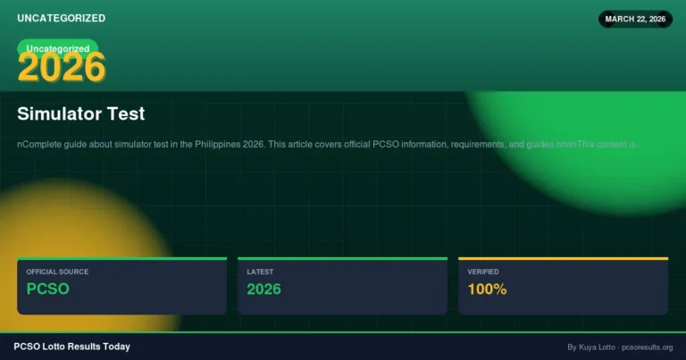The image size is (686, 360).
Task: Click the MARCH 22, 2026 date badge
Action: tap(634, 19)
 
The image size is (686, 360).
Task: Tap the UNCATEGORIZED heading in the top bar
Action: tap(61, 18)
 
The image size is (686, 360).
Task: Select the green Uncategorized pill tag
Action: tap(58, 48)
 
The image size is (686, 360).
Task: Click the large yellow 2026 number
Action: tap(62, 68)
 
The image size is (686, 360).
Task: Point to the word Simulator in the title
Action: tap(57, 114)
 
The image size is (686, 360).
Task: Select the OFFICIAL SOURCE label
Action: tap(57, 272)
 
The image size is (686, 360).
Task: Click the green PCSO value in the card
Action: tap(47, 289)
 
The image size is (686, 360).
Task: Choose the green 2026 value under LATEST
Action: tap(264, 289)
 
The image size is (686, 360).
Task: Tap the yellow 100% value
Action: tap(487, 289)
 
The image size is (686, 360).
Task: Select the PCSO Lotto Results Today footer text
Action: tap(71, 347)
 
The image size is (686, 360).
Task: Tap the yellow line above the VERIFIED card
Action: tap(563, 258)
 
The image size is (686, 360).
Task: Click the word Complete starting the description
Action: tap(39, 144)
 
